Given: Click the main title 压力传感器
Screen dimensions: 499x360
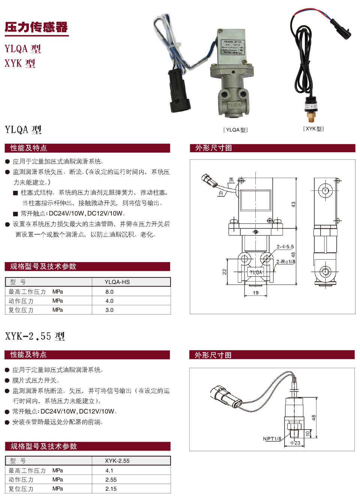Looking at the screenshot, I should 36,27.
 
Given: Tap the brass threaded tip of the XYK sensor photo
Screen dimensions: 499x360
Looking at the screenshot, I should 311,118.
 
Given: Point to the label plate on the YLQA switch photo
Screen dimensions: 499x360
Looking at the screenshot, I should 232,47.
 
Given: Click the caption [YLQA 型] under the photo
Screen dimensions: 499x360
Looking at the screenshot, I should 235,130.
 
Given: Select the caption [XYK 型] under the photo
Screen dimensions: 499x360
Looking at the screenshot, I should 313,129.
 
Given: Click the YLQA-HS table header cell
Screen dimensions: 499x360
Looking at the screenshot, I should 117,282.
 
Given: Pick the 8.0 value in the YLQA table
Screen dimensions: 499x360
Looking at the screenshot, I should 109,292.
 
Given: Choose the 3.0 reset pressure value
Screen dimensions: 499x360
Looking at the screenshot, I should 109,310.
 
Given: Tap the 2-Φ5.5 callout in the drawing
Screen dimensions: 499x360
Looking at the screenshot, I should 285,247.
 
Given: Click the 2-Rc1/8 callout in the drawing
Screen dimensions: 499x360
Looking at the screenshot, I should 285,262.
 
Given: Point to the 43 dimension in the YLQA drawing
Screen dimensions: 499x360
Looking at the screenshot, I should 293,204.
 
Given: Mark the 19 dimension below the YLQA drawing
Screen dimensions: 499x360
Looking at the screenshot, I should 256,293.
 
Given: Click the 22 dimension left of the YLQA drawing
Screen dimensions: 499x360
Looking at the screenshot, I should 224,272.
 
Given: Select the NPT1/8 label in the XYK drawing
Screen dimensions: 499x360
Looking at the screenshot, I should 272,439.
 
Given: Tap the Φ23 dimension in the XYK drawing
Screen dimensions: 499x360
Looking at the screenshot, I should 295,443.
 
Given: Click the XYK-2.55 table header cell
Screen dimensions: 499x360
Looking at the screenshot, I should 117,461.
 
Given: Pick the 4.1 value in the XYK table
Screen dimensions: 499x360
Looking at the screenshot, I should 109,471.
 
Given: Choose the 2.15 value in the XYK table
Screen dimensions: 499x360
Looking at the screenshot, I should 111,489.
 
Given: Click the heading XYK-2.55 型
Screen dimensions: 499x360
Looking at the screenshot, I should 35,336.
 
